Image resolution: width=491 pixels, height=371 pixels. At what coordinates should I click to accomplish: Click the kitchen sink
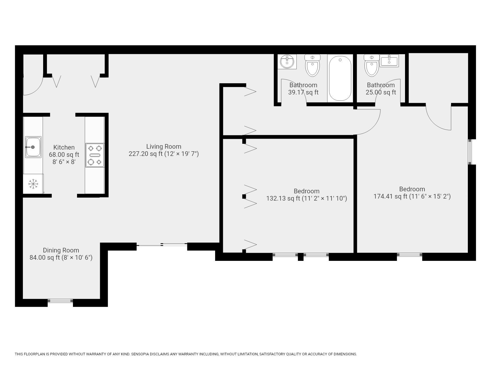coord(33,147)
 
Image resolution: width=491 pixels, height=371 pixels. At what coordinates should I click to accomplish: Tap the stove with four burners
coord(95,155)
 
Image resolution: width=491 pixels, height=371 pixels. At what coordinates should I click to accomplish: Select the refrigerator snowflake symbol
coord(33,184)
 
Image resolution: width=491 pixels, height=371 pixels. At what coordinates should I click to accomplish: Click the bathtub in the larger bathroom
coord(340,78)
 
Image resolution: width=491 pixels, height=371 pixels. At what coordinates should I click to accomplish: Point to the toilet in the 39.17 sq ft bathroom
coord(312,65)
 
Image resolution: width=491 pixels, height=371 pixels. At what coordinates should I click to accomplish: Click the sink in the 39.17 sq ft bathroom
coord(287,61)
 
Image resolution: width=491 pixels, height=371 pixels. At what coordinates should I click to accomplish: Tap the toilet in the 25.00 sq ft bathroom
coord(372,65)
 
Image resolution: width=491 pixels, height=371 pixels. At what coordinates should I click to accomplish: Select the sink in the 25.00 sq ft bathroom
coord(389,61)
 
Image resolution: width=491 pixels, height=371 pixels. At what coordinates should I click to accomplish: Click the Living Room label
coord(164,147)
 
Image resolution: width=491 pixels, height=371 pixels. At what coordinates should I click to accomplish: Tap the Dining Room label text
coord(61,250)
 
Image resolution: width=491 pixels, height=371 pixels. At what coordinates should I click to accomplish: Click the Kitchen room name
coord(64,148)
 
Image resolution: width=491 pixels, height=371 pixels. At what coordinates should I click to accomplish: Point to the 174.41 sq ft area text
coord(390,197)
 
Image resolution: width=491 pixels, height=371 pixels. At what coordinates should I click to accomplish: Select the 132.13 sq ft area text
coord(283,199)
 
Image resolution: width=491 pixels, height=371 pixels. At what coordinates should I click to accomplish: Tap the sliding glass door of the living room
coord(162,245)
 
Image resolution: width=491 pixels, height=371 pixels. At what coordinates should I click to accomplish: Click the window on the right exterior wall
coord(470,152)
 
